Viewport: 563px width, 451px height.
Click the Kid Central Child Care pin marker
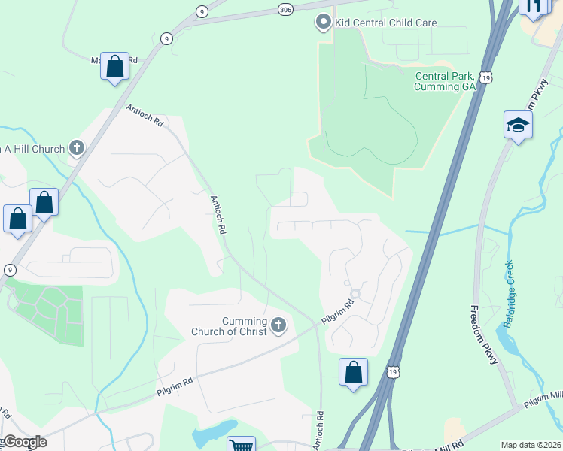coord(324,23)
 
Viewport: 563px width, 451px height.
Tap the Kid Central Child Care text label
coord(385,23)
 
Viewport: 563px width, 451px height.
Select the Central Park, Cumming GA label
coord(446,81)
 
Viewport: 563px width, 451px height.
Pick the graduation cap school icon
coord(518,124)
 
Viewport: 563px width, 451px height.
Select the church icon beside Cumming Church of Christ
coord(278,325)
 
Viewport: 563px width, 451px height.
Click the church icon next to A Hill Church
coord(77,149)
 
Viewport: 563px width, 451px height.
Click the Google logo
coord(24,442)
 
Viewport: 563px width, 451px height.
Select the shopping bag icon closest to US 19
coord(353,372)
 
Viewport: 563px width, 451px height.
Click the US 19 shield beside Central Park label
coord(488,77)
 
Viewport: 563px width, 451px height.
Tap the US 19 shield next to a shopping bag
coord(392,372)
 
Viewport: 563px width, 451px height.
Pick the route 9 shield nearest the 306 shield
coord(201,11)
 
